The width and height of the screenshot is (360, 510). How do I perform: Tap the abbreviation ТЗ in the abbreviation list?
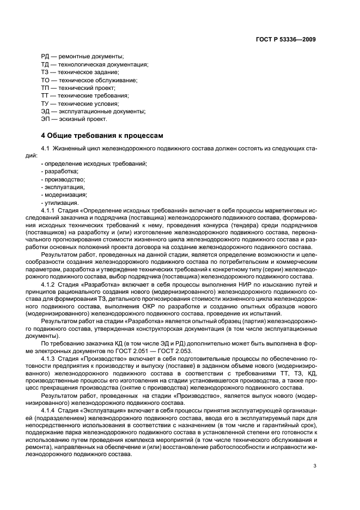tap(45, 72)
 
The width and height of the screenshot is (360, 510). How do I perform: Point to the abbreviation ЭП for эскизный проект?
tap(46, 119)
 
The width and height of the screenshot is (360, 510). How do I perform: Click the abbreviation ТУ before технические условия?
tap(45, 104)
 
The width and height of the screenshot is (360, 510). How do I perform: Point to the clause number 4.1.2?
tap(50, 285)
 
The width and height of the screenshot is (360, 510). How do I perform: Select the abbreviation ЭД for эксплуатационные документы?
tap(46, 111)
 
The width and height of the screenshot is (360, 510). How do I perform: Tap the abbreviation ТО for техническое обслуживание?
tap(45, 80)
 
